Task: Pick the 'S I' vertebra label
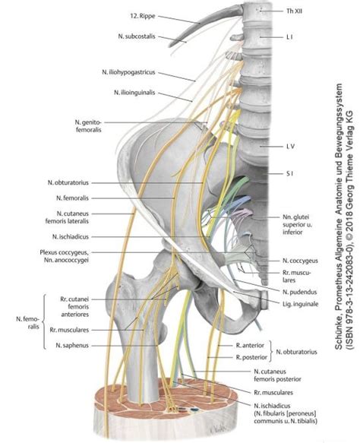click(276, 173)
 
